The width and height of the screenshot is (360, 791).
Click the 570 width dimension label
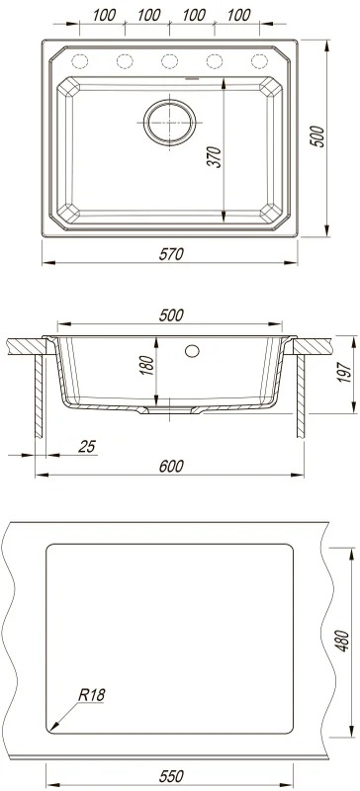click(x=171, y=254)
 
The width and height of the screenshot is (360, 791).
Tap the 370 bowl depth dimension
click(x=215, y=157)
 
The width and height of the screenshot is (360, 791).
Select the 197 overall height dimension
click(x=344, y=372)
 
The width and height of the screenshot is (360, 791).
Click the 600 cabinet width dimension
click(x=171, y=466)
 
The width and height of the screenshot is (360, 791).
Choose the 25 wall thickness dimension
click(x=87, y=447)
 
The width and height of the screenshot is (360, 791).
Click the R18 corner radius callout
click(x=91, y=695)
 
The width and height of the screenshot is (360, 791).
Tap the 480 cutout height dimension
click(x=343, y=640)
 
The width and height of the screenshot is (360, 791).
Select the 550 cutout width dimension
click(x=171, y=776)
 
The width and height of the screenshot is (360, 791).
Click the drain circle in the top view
click(x=170, y=122)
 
